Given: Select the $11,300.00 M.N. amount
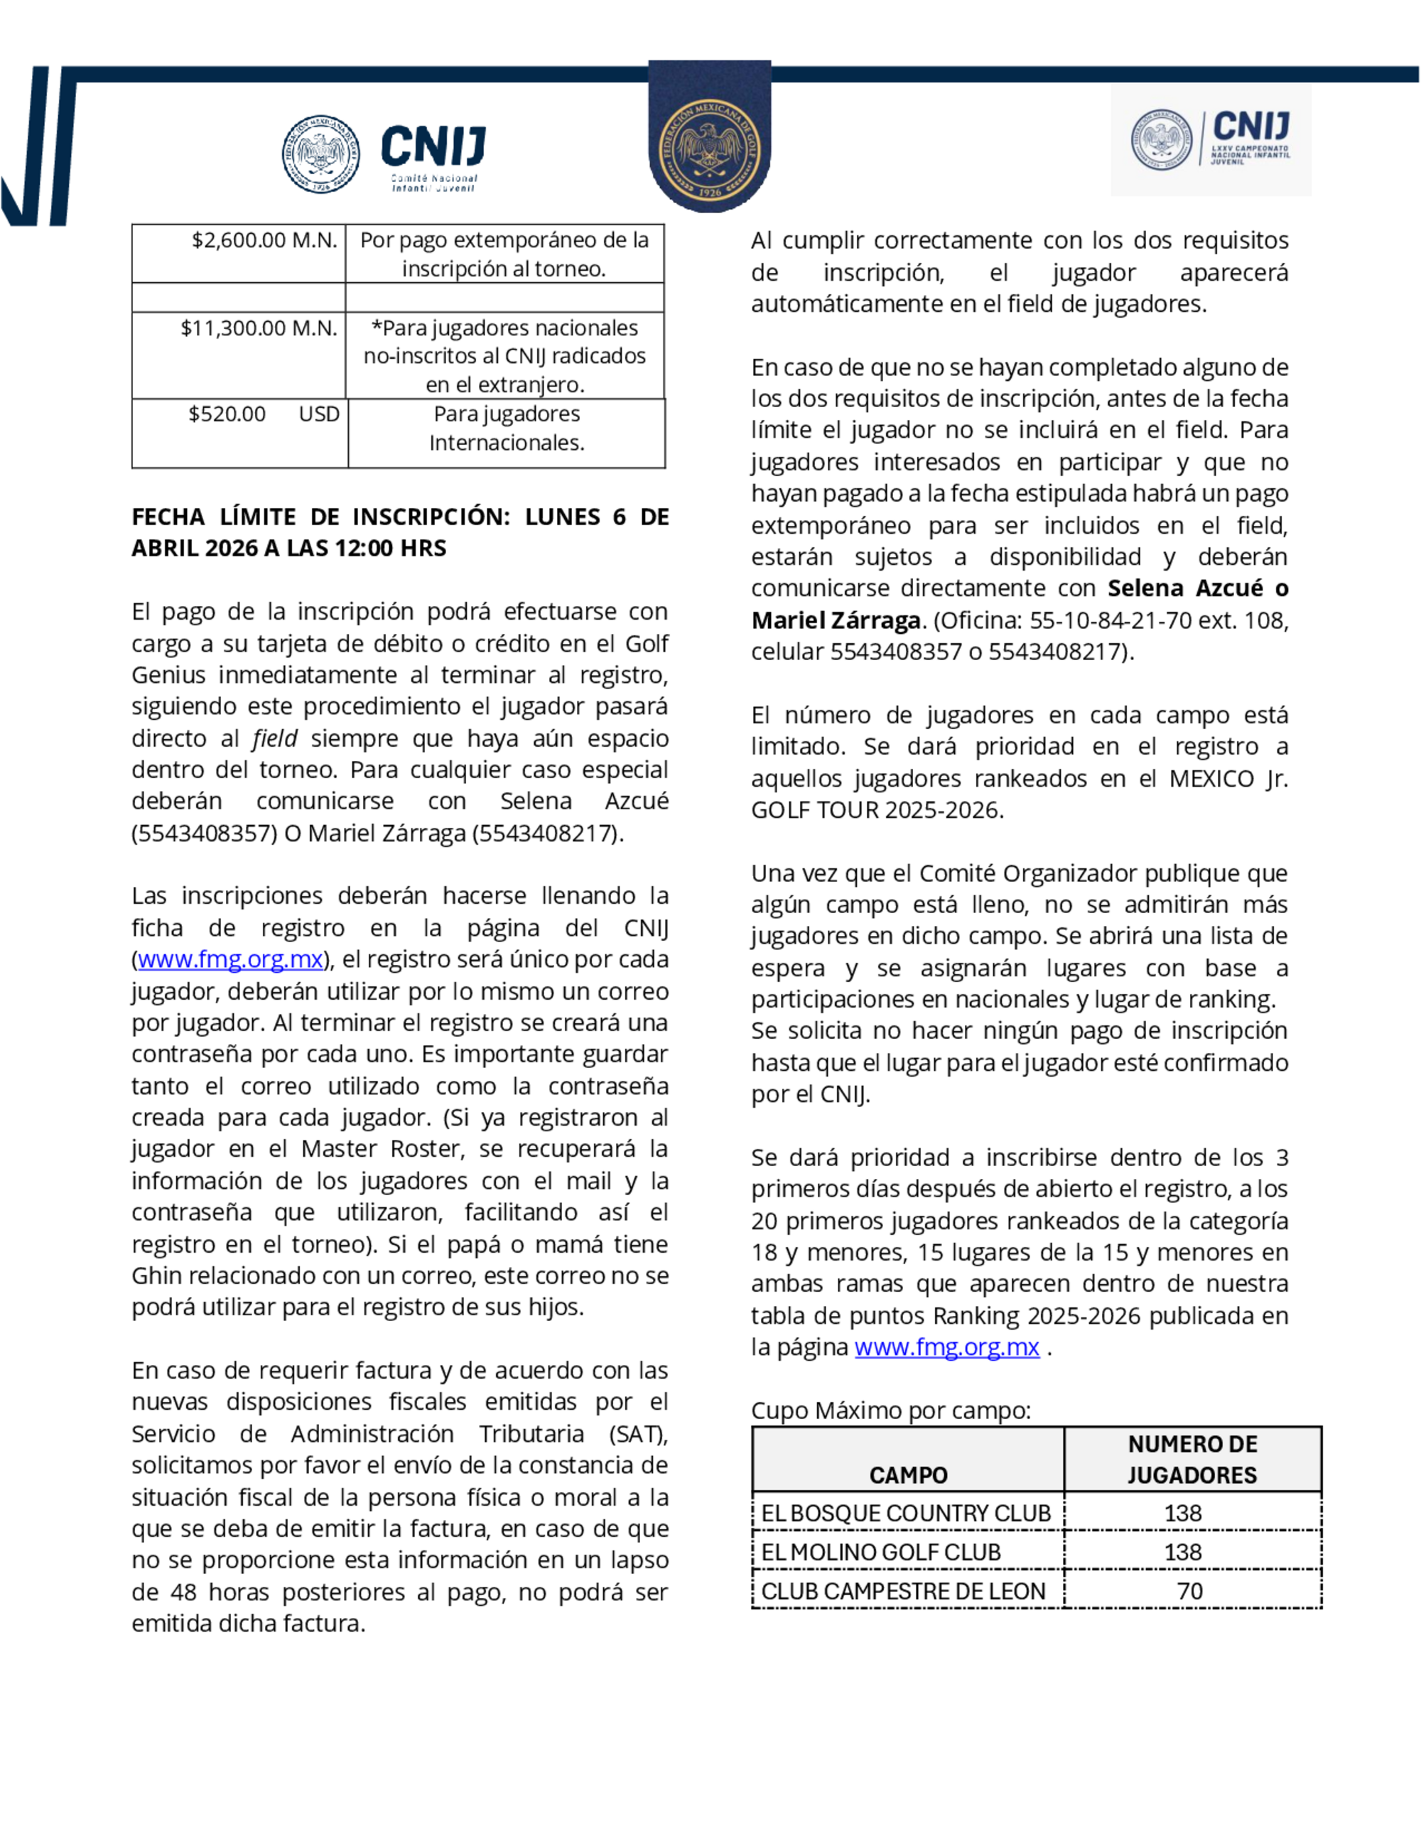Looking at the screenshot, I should [x=259, y=328].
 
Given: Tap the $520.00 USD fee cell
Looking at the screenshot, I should [x=264, y=414].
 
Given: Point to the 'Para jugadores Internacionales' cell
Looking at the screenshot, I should [x=506, y=428].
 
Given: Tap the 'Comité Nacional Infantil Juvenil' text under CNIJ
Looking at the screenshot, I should [x=433, y=183].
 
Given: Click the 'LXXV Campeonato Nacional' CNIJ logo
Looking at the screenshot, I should [x=1211, y=140].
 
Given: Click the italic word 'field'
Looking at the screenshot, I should [x=274, y=738].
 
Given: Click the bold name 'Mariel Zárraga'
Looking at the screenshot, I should [x=836, y=620].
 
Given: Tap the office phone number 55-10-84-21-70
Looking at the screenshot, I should [x=1111, y=620].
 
